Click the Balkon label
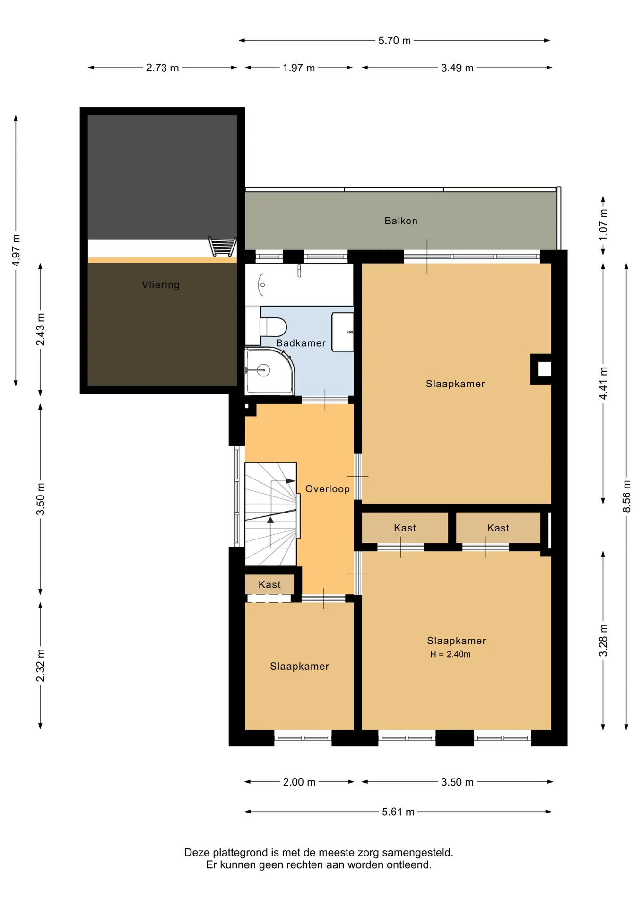point(401,221)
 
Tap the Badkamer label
point(301,343)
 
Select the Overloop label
point(327,489)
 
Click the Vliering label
point(161,285)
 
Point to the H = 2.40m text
point(450,654)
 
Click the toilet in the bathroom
point(273,326)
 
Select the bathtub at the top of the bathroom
point(299,284)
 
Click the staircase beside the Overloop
point(271,514)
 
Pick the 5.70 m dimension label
point(394,41)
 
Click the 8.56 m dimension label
point(626,496)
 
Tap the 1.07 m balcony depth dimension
point(603,225)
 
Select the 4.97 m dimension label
point(16,250)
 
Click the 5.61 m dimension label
point(398,812)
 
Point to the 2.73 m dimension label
point(162,68)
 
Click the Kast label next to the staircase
point(269,585)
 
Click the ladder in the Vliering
point(222,247)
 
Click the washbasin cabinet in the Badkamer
point(343,332)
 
